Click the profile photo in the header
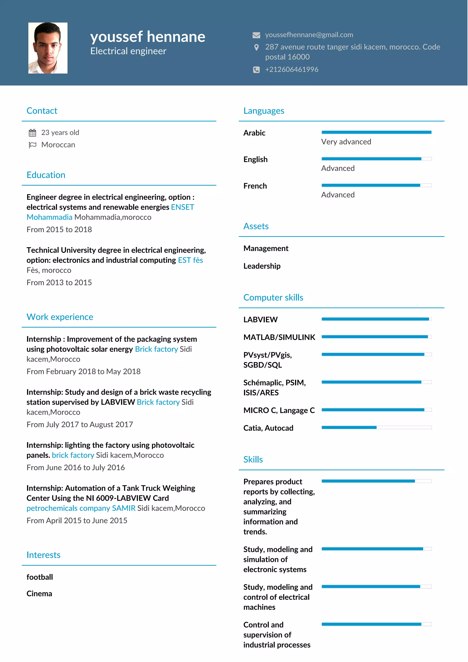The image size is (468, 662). click(x=48, y=48)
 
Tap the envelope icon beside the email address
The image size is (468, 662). click(x=256, y=35)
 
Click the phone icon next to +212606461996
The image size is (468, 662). click(x=256, y=69)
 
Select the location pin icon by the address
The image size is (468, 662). click(x=256, y=47)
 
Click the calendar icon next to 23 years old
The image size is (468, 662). click(x=32, y=133)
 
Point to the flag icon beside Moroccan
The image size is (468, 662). click(x=32, y=145)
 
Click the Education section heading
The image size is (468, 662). click(x=46, y=175)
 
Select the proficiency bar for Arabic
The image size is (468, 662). click(x=376, y=132)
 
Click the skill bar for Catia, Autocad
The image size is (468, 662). click(x=376, y=427)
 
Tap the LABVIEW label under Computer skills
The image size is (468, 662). click(x=260, y=320)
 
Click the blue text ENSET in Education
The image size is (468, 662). click(x=183, y=207)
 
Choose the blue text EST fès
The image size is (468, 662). click(x=190, y=260)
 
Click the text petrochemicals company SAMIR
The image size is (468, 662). click(x=81, y=508)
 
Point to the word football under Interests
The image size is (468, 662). click(x=40, y=577)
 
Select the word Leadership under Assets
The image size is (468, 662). click(x=262, y=266)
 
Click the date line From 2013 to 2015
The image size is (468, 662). click(x=59, y=283)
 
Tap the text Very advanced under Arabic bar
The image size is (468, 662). click(x=346, y=142)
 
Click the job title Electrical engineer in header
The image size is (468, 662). click(x=128, y=51)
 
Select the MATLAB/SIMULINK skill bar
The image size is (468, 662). click(x=376, y=337)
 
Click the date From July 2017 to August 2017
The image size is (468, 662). click(x=80, y=424)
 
